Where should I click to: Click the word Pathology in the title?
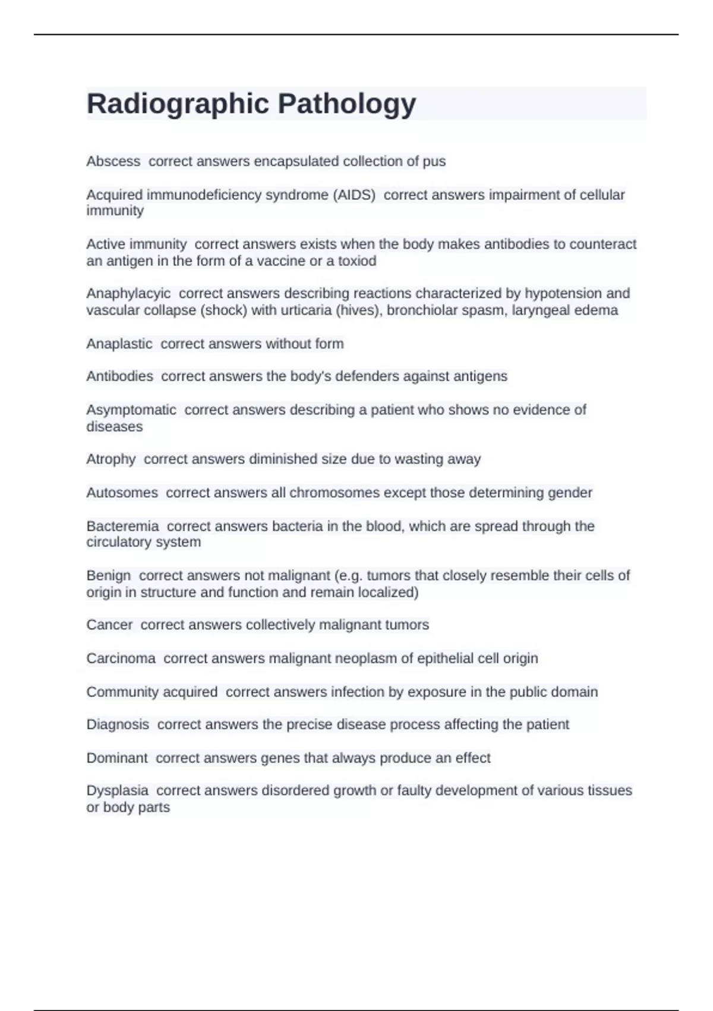[347, 103]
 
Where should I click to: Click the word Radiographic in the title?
[178, 103]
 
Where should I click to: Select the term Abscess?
[113, 161]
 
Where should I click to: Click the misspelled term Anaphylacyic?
[128, 293]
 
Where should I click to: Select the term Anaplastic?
[119, 344]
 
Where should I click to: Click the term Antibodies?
[119, 376]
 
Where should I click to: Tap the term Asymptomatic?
[131, 410]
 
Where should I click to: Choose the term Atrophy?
[111, 459]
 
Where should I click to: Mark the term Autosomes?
[122, 492]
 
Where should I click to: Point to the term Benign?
[109, 575]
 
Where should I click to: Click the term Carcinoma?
[121, 658]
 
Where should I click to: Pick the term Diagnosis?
[118, 724]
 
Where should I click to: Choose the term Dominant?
[117, 758]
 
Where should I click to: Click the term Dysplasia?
[118, 790]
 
